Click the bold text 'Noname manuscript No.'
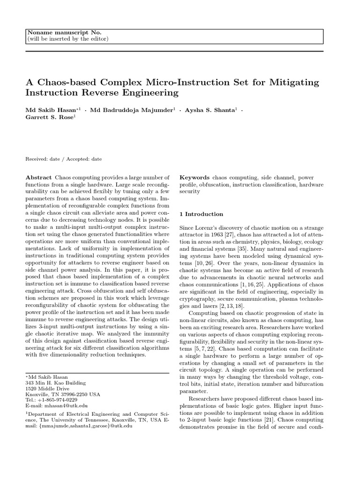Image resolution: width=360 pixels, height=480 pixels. [64, 32]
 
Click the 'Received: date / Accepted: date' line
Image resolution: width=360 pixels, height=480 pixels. [64, 159]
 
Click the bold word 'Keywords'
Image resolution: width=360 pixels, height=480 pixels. [195, 178]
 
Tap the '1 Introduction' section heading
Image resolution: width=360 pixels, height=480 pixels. [202, 214]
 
